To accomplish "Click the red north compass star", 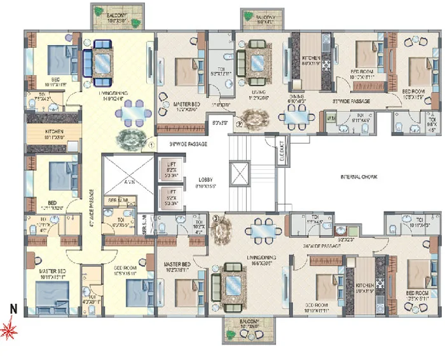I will click(10, 329).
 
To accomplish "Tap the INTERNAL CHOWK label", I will click(359, 177).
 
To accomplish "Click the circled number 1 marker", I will click(151, 144).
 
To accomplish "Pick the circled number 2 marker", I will click(240, 125).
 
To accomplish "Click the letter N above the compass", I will click(11, 309).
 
